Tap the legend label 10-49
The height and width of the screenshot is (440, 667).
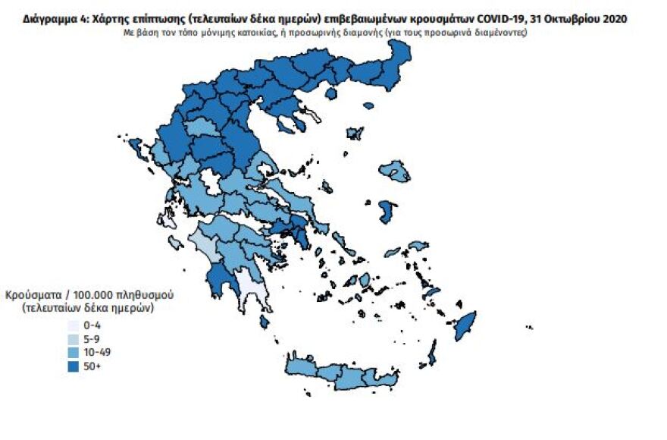click(101, 353)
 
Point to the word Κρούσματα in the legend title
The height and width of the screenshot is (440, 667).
click(33, 294)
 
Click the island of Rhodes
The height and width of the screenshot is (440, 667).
click(464, 326)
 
